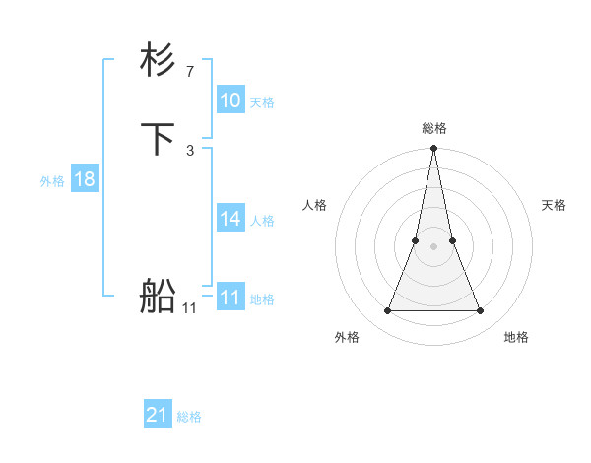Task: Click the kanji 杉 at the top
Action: pos(158,61)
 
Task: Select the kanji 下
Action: pos(158,140)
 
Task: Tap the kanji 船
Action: pos(158,297)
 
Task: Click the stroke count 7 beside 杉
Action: pos(189,71)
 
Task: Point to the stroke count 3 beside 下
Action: pos(189,150)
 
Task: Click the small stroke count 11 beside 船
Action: pos(189,307)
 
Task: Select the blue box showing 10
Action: pos(230,100)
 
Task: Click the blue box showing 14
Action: pos(230,219)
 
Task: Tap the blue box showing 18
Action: pos(85,179)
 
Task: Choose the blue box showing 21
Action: pos(158,415)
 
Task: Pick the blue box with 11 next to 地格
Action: pos(230,298)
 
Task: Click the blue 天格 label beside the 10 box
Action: pos(262,102)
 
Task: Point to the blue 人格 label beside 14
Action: pos(262,221)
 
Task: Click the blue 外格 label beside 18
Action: pos(52,181)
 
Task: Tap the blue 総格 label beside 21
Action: pos(189,417)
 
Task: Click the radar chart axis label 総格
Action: pos(434,128)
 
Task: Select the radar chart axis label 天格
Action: pos(555,205)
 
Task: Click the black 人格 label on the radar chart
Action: pos(315,205)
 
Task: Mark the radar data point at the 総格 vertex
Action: pos(434,149)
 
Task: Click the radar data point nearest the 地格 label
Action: pos(481,311)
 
